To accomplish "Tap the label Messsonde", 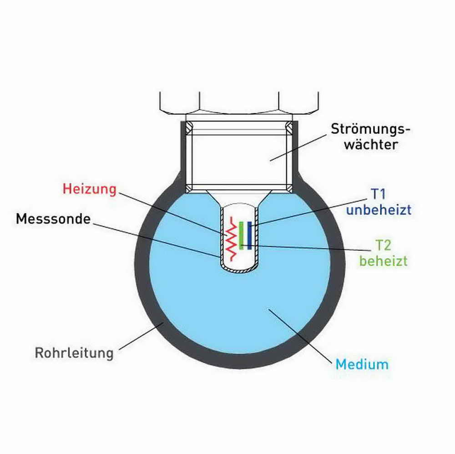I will click(53, 219).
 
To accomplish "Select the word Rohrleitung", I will click(74, 353).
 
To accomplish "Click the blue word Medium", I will click(362, 364).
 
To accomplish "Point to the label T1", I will click(379, 195).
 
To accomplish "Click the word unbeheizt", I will click(379, 210).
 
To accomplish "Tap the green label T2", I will click(383, 246).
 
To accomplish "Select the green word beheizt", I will click(383, 262).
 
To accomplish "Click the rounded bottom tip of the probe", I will click(239, 270).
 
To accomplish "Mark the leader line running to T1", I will click(309, 212).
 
